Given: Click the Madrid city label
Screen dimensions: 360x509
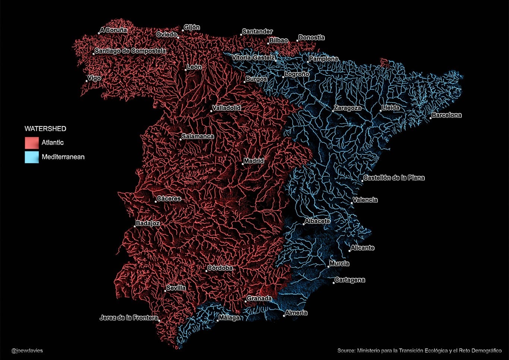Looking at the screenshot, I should (x=254, y=161).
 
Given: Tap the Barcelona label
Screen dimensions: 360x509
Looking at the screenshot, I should (x=446, y=115).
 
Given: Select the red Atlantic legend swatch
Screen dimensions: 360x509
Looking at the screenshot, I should (x=32, y=143).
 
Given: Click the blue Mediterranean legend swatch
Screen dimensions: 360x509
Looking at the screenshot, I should (x=32, y=157).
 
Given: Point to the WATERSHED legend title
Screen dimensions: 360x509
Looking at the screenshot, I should (x=45, y=129).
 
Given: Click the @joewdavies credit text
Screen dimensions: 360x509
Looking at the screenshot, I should (x=27, y=351).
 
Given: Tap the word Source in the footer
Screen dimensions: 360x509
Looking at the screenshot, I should (x=346, y=351).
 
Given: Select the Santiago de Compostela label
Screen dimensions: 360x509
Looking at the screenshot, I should (x=130, y=51).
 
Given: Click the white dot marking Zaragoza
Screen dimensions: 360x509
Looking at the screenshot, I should (x=333, y=111).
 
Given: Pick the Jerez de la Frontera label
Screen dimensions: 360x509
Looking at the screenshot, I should (x=129, y=318).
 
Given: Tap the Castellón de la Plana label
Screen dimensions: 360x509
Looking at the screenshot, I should (x=394, y=178).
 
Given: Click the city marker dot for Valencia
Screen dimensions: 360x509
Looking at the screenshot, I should (x=352, y=203).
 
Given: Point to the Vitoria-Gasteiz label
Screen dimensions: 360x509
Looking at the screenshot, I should (x=253, y=58).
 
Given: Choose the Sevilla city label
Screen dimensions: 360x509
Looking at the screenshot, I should (x=176, y=288).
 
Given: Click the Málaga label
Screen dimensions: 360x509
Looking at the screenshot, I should (x=229, y=318).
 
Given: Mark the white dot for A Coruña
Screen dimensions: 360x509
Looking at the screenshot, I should (x=99, y=33).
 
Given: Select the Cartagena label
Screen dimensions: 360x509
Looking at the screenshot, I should (x=350, y=280).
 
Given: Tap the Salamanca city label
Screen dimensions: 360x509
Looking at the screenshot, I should (x=197, y=136).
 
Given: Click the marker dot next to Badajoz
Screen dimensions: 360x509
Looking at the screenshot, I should (x=135, y=226).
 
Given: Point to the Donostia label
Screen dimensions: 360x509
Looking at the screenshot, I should (x=312, y=38).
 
